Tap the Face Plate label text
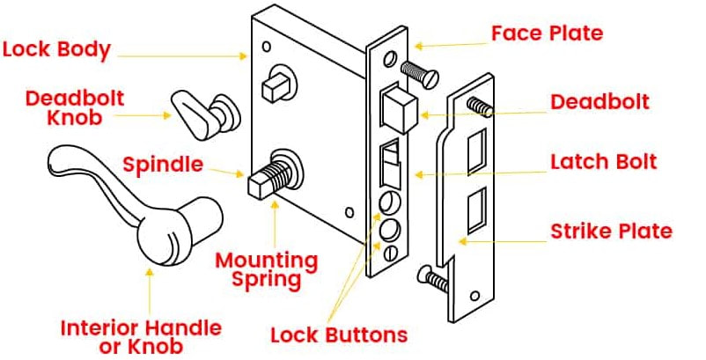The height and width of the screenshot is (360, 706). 548,33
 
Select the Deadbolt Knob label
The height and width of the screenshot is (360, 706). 75,107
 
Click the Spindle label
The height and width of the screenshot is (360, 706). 163,165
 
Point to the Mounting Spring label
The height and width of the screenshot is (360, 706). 266,270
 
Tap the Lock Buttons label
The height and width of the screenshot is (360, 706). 339,335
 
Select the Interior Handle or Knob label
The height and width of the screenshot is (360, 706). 141,337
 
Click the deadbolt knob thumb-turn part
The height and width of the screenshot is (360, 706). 199,113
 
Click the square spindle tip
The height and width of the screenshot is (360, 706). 260,183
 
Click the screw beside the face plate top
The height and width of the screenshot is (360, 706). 420,72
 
